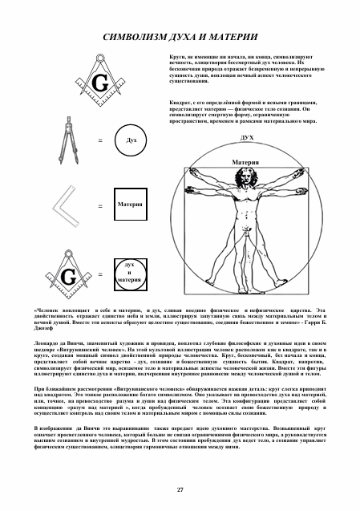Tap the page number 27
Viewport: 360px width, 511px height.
click(180, 488)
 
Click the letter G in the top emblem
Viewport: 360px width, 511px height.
click(100, 83)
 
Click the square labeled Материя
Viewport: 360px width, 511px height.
click(130, 205)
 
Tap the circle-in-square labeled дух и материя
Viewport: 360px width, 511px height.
click(129, 272)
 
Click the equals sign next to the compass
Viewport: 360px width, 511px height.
click(100, 141)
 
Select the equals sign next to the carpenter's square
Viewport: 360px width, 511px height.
click(100, 206)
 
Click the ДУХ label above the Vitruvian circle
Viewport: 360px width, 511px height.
click(247, 138)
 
